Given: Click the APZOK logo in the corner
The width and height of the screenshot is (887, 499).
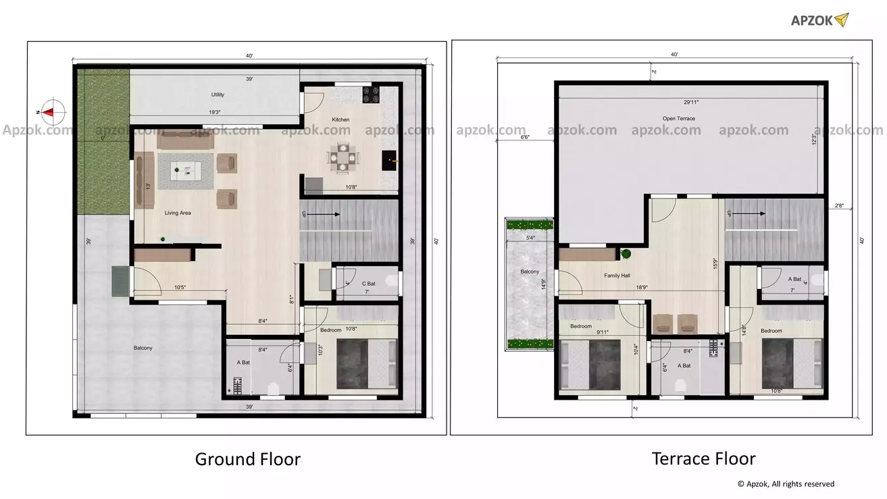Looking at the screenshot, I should pos(819,20).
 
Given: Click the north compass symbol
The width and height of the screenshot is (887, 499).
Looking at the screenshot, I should pos(51,111).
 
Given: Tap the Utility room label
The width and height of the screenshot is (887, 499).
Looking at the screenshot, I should pos(218,95).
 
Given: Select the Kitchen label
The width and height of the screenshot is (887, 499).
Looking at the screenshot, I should pos(340,120).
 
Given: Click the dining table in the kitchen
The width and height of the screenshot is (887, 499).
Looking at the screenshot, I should pos(344,157).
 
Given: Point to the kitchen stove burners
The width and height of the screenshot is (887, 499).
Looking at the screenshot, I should pos(371,95).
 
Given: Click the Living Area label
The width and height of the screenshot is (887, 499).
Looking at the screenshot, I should pos(178,213).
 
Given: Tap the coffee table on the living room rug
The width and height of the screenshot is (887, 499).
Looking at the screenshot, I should pos(185,171).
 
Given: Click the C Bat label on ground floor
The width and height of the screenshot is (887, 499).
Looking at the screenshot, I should pos(368,284).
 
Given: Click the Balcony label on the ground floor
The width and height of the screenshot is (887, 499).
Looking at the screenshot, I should pos(143,348).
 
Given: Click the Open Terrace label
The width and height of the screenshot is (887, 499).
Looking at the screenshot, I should pos(678,119).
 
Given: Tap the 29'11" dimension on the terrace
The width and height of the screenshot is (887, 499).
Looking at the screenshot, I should pos(691,102).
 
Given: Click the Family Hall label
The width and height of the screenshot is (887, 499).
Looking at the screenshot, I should pos(617,275).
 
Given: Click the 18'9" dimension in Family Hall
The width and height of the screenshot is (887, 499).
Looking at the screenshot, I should pos(642,288).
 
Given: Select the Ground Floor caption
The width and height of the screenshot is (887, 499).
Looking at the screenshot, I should pos(247,459).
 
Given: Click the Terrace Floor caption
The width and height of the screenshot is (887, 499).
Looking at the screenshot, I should pos(703,459).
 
